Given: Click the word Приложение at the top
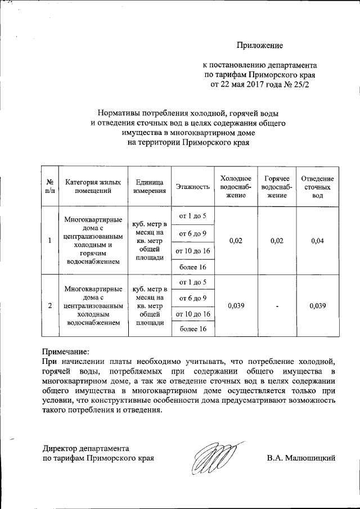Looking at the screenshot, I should click(259, 44).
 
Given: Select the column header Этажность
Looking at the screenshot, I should click(193, 187).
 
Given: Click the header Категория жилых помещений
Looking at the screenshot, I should click(93, 187).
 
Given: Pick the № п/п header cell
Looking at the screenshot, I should click(49, 187).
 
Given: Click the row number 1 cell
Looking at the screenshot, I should click(49, 241).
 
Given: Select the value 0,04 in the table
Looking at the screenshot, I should click(318, 241).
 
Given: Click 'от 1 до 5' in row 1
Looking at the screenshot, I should click(192, 217).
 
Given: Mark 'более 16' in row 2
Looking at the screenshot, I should click(192, 329).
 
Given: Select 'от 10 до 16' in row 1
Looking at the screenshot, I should click(192, 250).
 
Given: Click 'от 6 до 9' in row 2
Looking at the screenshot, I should click(192, 298).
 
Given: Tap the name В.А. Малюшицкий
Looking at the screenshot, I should click(301, 458).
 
